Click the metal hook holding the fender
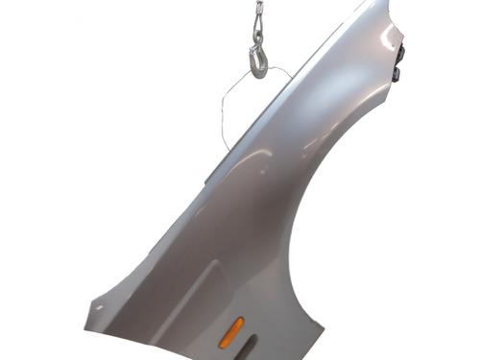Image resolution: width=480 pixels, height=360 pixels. (259, 59)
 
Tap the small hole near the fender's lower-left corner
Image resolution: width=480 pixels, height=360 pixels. (98, 308)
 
